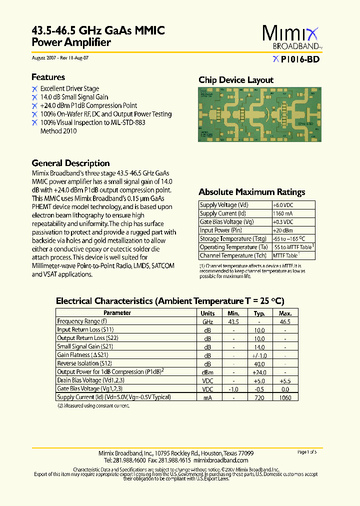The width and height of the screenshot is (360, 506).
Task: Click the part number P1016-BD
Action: [299, 59]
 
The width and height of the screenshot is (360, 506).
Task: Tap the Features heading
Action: [48, 77]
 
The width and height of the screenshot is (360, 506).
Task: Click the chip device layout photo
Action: [256, 115]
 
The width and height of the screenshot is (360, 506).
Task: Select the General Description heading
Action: [70, 163]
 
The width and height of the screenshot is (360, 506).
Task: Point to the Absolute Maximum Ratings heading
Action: [251, 192]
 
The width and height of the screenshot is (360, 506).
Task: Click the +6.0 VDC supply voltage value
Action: [283, 205]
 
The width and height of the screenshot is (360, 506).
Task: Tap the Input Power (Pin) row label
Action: [221, 230]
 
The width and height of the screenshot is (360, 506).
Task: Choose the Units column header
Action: [207, 313]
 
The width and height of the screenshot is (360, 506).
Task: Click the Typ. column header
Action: [259, 313]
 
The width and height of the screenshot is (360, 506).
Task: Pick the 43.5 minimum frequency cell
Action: [233, 321]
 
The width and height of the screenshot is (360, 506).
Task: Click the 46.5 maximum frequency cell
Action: [285, 321]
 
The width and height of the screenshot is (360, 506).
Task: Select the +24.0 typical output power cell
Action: [259, 372]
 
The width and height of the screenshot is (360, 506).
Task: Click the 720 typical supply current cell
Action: [259, 397]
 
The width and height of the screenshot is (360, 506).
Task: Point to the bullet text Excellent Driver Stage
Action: [69, 88]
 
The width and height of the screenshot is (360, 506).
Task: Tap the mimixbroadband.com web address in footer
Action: [220, 460]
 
